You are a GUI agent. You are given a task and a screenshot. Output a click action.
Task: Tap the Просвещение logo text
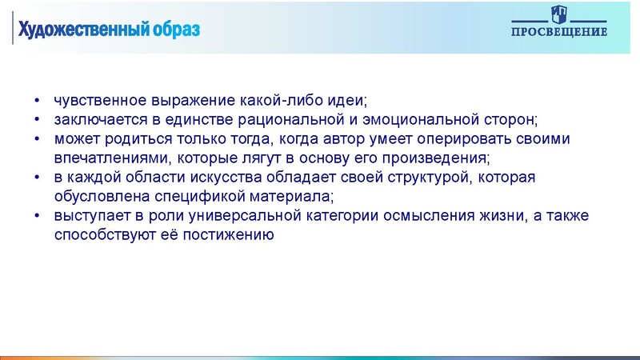[x=559, y=32]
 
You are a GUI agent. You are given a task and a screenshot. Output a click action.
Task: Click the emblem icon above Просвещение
[x=559, y=14]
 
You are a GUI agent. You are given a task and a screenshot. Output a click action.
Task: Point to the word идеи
[x=346, y=102]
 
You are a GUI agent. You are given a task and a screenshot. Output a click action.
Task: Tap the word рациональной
[x=292, y=121]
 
